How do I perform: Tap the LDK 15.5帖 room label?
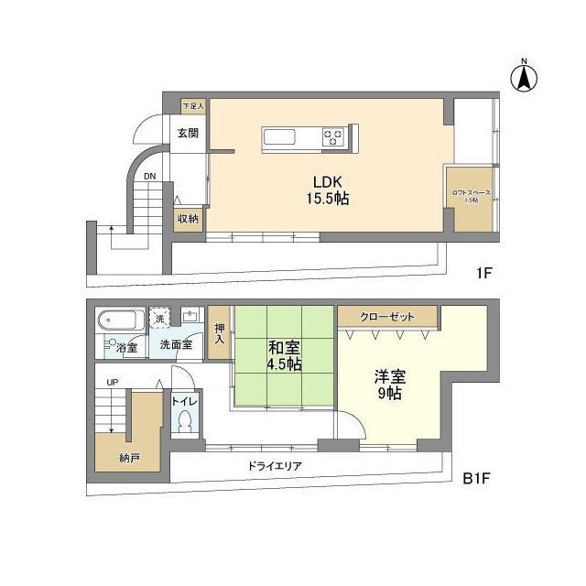pyautogui.click(x=327, y=189)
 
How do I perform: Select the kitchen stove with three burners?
pyautogui.click(x=333, y=138)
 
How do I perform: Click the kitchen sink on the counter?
pyautogui.click(x=280, y=138)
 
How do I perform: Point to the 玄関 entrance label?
pyautogui.click(x=188, y=133)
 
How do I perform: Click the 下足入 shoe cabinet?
pyautogui.click(x=193, y=106)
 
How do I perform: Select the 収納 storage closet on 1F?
pyautogui.click(x=189, y=219)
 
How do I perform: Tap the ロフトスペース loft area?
pyautogui.click(x=471, y=196)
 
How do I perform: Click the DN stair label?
pyautogui.click(x=149, y=176)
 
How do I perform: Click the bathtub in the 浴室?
pyautogui.click(x=120, y=321)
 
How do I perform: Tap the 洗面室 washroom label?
pyautogui.click(x=175, y=345)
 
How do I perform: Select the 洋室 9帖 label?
pyautogui.click(x=388, y=385)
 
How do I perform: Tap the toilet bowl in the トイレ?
pyautogui.click(x=184, y=422)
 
